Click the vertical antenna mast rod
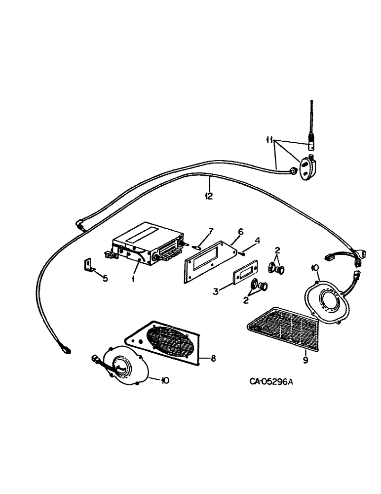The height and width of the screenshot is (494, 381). tap(311, 123)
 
